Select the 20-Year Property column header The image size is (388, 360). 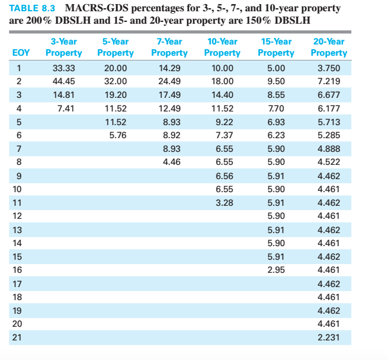coord(328,47)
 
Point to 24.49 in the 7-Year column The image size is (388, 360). coord(169,81)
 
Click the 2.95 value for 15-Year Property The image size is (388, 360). coord(275,270)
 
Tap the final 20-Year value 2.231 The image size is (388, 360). coord(329,337)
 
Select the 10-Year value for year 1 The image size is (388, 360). coord(222,68)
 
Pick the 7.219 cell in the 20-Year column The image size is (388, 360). coord(329,81)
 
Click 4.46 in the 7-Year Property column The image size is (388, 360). coord(169,162)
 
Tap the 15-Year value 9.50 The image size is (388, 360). coord(275,81)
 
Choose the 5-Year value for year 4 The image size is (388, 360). coord(116,108)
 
